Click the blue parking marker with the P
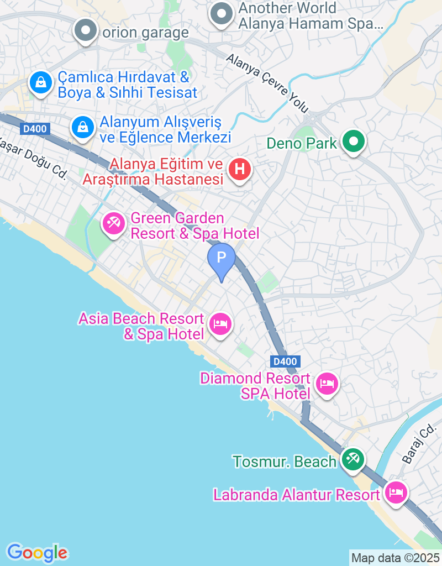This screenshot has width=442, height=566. pyautogui.click(x=222, y=258)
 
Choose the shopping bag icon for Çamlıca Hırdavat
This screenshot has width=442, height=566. pyautogui.click(x=41, y=83)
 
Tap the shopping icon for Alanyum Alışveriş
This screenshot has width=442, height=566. pyautogui.click(x=83, y=127)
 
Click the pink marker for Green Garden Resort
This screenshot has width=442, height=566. pyautogui.click(x=114, y=224)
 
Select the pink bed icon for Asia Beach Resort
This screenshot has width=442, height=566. pyautogui.click(x=221, y=324)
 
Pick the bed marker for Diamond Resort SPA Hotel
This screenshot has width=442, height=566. pyautogui.click(x=327, y=383)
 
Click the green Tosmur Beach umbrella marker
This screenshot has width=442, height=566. pyautogui.click(x=352, y=459)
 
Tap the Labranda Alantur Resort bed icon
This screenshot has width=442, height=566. pyautogui.click(x=396, y=492)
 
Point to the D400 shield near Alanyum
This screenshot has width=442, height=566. pyautogui.click(x=35, y=129)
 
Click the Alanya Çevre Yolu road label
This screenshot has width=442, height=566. pyautogui.click(x=267, y=83)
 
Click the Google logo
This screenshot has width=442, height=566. pyautogui.click(x=38, y=552)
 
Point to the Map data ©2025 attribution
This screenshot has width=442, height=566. pyautogui.click(x=395, y=558)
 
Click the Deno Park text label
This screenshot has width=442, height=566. pyautogui.click(x=302, y=144)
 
